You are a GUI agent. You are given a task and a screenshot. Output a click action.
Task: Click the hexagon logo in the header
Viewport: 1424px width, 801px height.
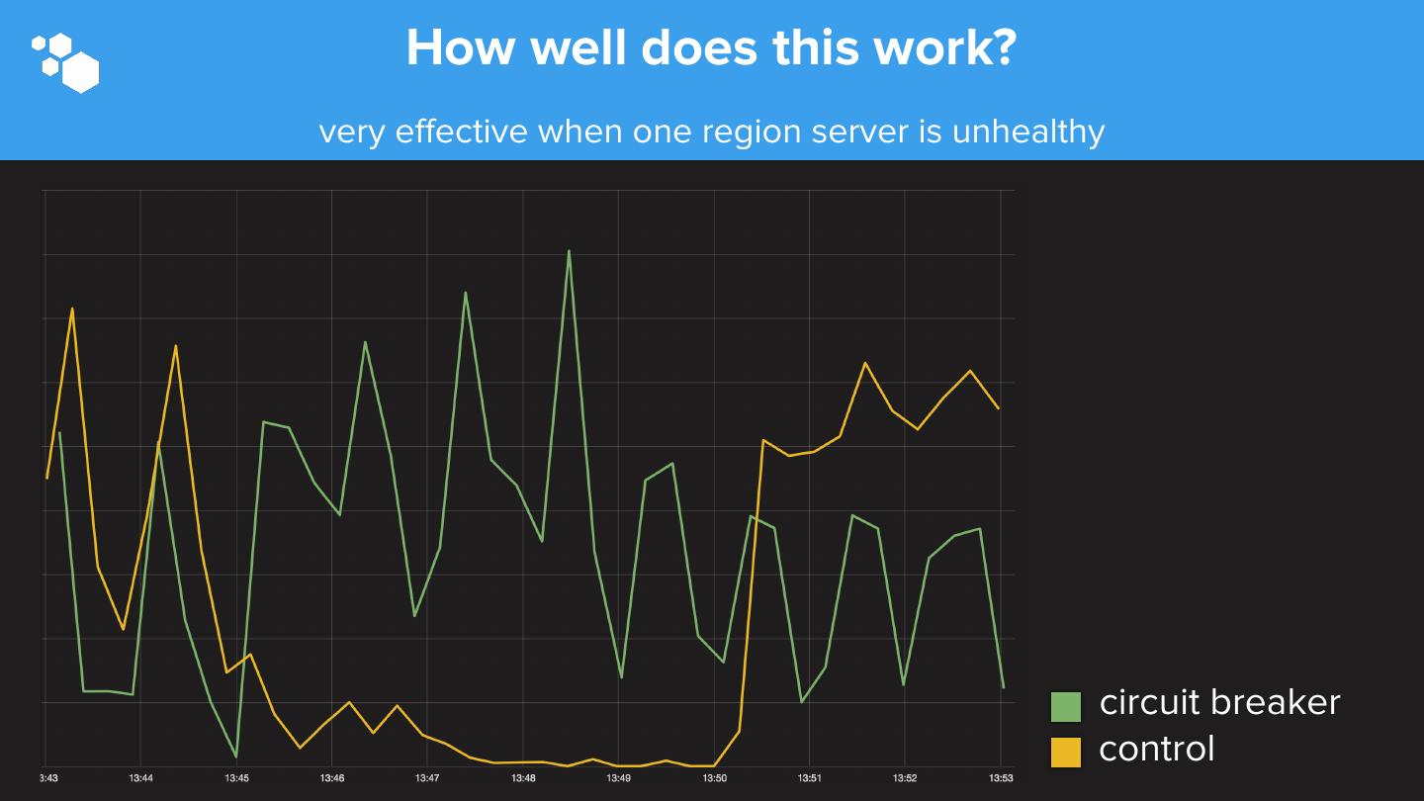pyautogui.click(x=66, y=62)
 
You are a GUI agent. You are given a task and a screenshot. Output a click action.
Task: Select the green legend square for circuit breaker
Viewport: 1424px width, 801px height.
pyautogui.click(x=1066, y=706)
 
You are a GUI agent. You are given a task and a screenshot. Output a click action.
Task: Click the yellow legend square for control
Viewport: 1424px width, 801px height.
pyautogui.click(x=1066, y=752)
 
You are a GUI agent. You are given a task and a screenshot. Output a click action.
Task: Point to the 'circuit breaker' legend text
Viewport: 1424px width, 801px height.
pyautogui.click(x=1219, y=702)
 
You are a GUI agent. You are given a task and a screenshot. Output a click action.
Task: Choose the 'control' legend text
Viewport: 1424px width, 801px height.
pyautogui.click(x=1156, y=749)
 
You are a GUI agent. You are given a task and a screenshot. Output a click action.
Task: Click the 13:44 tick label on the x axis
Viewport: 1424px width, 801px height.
pyautogui.click(x=140, y=778)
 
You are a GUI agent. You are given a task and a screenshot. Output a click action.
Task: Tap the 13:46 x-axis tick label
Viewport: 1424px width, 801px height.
pyautogui.click(x=332, y=778)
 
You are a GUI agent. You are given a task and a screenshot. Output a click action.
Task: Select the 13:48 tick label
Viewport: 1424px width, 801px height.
pyautogui.click(x=523, y=778)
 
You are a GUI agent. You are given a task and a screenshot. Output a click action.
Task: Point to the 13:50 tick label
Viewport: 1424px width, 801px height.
pyautogui.click(x=714, y=778)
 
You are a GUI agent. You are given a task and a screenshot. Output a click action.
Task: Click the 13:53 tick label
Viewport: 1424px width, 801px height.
pyautogui.click(x=1001, y=778)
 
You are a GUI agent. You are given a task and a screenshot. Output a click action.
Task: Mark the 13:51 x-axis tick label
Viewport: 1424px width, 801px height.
pyautogui.click(x=809, y=778)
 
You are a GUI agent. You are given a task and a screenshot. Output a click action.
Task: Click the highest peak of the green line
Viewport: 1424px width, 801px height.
pyautogui.click(x=569, y=251)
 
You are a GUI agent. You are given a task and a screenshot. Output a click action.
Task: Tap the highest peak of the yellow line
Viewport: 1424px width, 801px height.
pyautogui.click(x=72, y=309)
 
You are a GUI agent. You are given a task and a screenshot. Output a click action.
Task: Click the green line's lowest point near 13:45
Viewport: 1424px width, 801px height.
pyautogui.click(x=236, y=756)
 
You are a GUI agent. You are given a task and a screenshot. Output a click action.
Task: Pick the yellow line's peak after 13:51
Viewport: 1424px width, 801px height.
pyautogui.click(x=865, y=363)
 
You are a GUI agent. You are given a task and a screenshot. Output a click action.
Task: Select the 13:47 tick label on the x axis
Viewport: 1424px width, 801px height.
pyautogui.click(x=427, y=778)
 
